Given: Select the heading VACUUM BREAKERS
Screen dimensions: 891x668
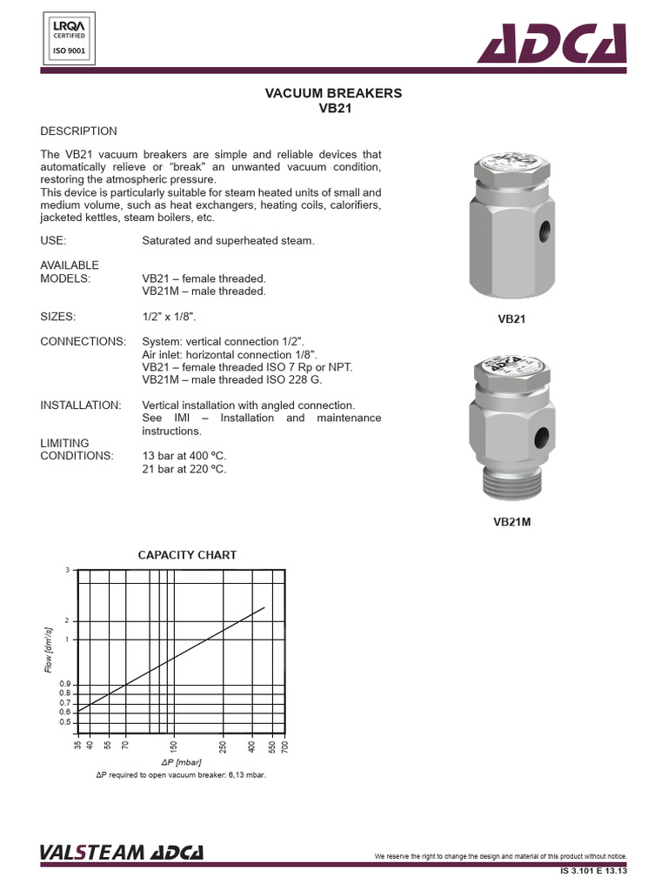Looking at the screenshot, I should [333, 93].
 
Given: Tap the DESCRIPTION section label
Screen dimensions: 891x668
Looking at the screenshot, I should [78, 131].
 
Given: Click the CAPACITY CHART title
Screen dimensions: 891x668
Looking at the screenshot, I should [188, 554].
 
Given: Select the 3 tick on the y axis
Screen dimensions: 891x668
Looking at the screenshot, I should [67, 569].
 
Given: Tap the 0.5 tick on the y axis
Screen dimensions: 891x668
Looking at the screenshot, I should [64, 722].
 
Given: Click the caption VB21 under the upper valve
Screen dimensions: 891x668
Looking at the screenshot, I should [511, 319].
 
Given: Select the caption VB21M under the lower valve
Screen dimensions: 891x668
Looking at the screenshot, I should [511, 522].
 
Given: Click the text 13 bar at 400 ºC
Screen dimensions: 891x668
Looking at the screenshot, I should [184, 456].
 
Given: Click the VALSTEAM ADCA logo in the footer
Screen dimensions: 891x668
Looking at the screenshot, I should [121, 853].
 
